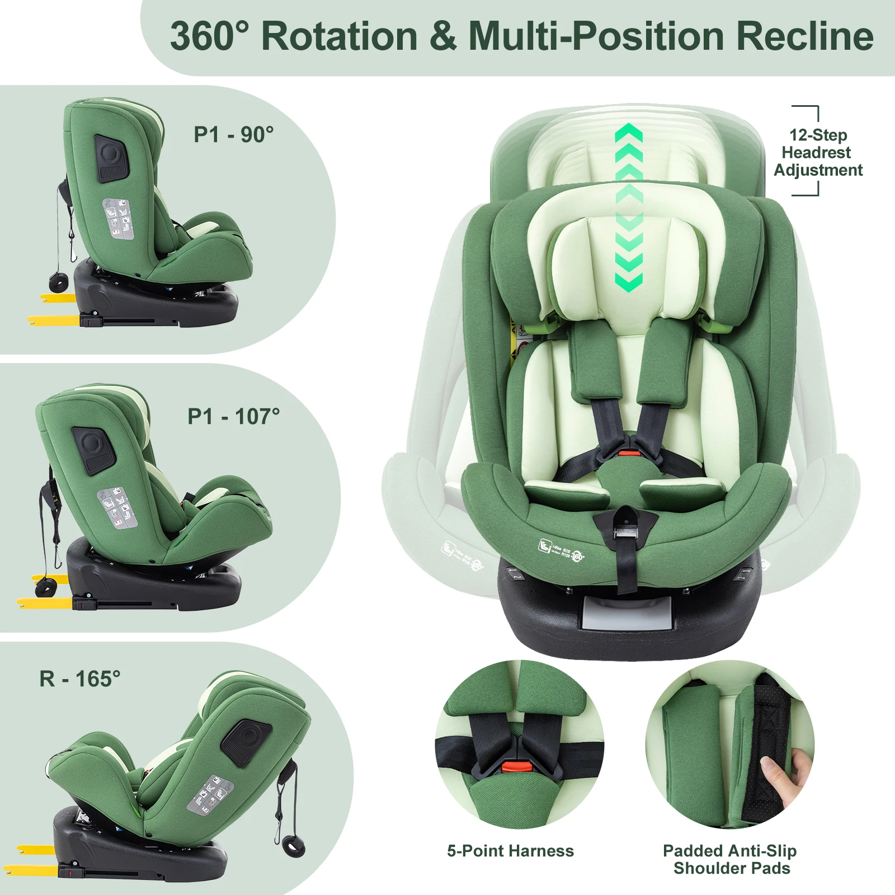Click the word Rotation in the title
click(340, 37)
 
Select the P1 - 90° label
click(234, 135)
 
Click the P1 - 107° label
click(233, 417)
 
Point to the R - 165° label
click(80, 679)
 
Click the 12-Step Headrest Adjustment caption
click(818, 152)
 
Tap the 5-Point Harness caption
click(510, 851)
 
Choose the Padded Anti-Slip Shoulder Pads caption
click(731, 859)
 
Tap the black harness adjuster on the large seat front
click(626, 527)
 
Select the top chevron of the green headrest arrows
click(629, 133)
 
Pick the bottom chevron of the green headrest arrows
click(629, 281)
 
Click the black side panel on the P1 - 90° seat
click(112, 158)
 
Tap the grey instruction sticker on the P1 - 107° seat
click(117, 507)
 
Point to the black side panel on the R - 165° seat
click(246, 742)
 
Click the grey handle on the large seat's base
click(626, 614)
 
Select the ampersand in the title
click(443, 37)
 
